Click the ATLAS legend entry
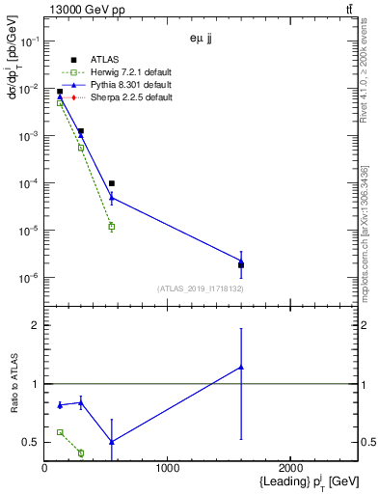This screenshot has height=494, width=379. (x=107, y=60)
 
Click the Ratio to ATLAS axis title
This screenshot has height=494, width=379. (x=13, y=384)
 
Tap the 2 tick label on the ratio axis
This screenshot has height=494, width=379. (x=34, y=325)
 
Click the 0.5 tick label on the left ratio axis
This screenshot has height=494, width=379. (x=30, y=442)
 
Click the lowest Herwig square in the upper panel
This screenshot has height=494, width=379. (x=112, y=227)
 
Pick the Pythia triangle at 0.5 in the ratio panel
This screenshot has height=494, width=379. (x=112, y=442)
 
